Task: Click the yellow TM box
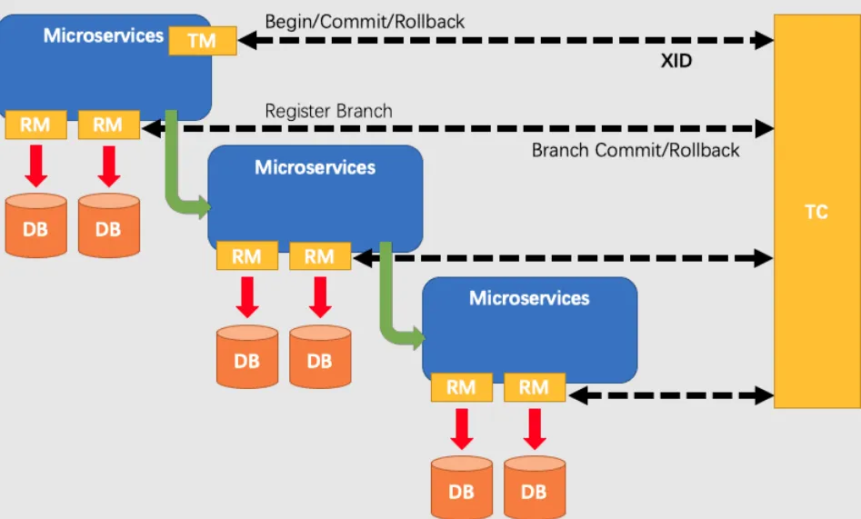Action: coord(202,41)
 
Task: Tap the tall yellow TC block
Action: coord(816,211)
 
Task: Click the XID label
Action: coord(676,61)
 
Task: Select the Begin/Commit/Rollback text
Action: coord(365,21)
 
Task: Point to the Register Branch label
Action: coord(328,111)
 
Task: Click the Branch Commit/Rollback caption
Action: coord(636,150)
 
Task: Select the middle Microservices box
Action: coord(315,195)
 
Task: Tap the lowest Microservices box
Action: coord(529,327)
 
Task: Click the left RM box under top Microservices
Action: coord(35,125)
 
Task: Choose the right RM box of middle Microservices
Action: coord(319,256)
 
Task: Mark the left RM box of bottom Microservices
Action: coord(461,388)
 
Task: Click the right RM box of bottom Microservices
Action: coord(534,388)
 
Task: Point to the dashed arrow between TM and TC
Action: coord(505,40)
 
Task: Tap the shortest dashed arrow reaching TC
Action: coord(669,395)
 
